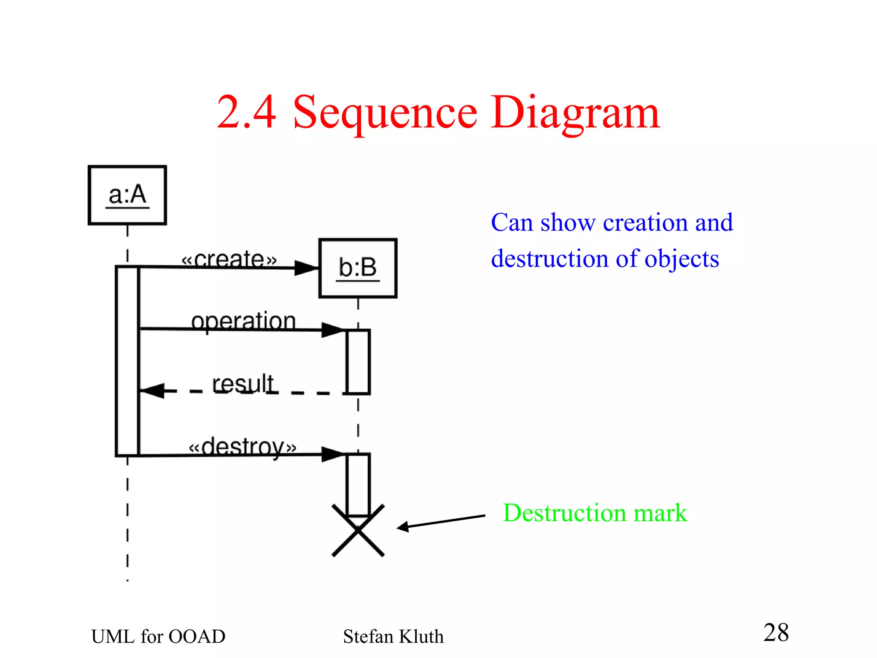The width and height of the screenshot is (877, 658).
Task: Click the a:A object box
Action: pyautogui.click(x=127, y=195)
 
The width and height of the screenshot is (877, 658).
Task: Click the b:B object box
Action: pyautogui.click(x=358, y=268)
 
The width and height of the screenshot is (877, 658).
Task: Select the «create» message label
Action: pyautogui.click(x=229, y=259)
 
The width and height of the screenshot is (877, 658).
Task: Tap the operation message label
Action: pyautogui.click(x=243, y=321)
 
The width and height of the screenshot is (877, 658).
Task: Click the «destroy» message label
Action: pyautogui.click(x=242, y=447)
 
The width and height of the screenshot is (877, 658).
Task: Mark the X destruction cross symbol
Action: pyautogui.click(x=358, y=531)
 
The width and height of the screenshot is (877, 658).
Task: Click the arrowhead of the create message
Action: pyautogui.click(x=306, y=268)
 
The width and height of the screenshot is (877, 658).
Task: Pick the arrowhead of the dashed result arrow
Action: pyautogui.click(x=152, y=391)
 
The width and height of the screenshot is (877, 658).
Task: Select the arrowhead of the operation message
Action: pyautogui.click(x=333, y=330)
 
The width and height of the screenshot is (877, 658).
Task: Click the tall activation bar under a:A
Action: pyautogui.click(x=128, y=360)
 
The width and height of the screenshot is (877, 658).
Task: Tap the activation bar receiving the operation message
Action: pyautogui.click(x=358, y=361)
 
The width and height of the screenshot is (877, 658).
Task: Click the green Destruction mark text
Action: pyautogui.click(x=595, y=513)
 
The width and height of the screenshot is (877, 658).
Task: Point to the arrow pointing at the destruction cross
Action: pyautogui.click(x=441, y=522)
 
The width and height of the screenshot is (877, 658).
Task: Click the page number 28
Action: pyautogui.click(x=776, y=632)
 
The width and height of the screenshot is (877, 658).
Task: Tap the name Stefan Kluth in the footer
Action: pyautogui.click(x=393, y=636)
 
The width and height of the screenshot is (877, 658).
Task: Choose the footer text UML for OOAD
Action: pyautogui.click(x=158, y=636)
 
